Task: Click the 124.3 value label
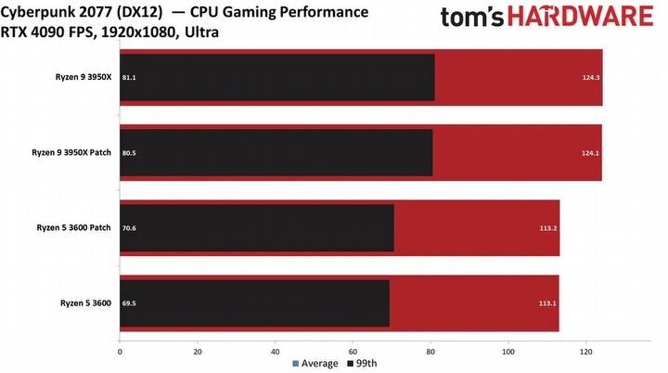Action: pos(591,77)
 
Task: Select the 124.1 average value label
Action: pos(591,153)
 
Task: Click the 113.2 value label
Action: pos(549,227)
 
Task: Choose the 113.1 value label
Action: pos(549,302)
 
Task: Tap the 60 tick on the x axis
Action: pos(353,352)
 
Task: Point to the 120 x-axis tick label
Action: pos(585,352)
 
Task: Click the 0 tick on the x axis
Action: pos(120,352)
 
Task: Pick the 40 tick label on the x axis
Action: pos(275,352)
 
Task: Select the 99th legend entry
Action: pos(363,364)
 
